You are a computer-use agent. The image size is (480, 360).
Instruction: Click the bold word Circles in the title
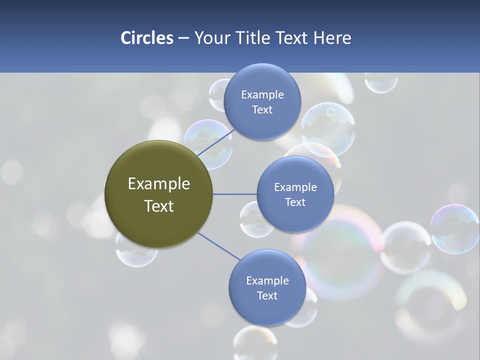click(146, 38)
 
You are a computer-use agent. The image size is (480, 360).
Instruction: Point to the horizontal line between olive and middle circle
click(234, 194)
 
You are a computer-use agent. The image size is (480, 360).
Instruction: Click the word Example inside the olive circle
click(158, 184)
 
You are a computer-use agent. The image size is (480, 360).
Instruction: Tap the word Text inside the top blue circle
click(262, 110)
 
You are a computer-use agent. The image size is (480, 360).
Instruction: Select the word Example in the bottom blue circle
click(267, 280)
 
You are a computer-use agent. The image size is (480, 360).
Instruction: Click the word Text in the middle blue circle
click(295, 202)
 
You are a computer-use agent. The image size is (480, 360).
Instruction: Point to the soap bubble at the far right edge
click(454, 228)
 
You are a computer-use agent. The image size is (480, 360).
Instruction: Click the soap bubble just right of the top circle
click(328, 129)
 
